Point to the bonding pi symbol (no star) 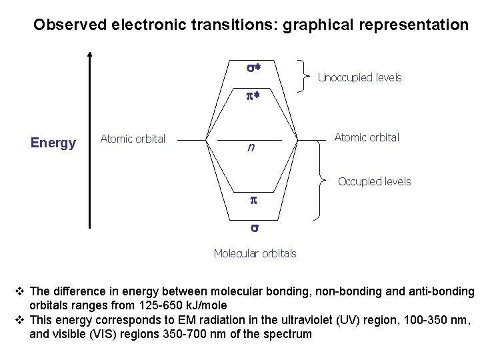(x=253, y=199)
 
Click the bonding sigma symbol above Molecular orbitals (x=253, y=228)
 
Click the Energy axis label (x=53, y=143)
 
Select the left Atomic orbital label (x=133, y=139)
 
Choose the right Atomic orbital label (x=367, y=137)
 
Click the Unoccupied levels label (x=360, y=77)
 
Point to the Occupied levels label (x=374, y=181)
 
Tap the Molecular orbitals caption (x=255, y=253)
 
